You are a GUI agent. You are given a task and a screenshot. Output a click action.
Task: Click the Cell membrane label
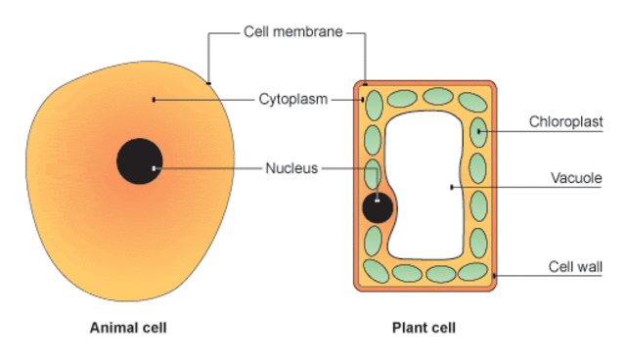click(292, 32)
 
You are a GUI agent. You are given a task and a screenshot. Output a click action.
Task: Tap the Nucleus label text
click(291, 168)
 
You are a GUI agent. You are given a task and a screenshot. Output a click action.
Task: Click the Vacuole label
click(577, 180)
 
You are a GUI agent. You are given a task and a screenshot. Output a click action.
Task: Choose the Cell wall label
click(574, 266)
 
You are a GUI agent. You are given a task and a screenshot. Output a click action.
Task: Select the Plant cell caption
click(424, 328)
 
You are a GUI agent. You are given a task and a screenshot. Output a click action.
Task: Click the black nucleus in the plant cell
click(378, 208)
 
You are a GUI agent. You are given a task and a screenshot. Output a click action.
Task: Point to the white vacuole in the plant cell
click(430, 186)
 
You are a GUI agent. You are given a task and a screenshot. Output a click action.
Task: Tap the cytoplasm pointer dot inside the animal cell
click(154, 99)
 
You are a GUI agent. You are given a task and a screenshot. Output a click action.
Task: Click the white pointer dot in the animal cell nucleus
click(154, 168)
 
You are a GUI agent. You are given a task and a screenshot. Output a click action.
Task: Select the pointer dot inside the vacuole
click(450, 186)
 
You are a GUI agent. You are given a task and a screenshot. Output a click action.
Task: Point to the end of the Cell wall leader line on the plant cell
click(496, 276)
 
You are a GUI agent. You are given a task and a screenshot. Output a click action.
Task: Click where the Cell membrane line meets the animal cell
click(208, 83)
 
